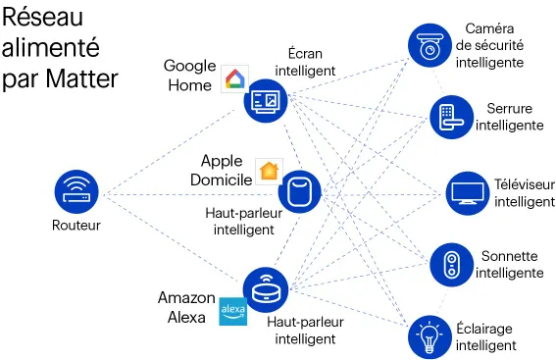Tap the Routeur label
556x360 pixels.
[x=76, y=226]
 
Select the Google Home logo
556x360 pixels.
[x=235, y=80]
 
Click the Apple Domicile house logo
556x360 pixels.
[x=268, y=170]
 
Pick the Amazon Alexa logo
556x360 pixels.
[x=232, y=311]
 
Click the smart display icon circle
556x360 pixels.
[x=267, y=99]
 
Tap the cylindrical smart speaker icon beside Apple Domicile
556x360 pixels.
[x=305, y=190]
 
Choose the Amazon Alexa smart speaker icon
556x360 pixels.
[x=266, y=290]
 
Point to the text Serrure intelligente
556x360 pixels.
[x=509, y=117]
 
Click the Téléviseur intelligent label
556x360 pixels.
[x=523, y=192]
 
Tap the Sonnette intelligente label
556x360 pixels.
[x=509, y=265]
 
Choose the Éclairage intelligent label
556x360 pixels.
[x=484, y=336]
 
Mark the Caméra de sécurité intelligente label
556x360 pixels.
[x=489, y=46]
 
